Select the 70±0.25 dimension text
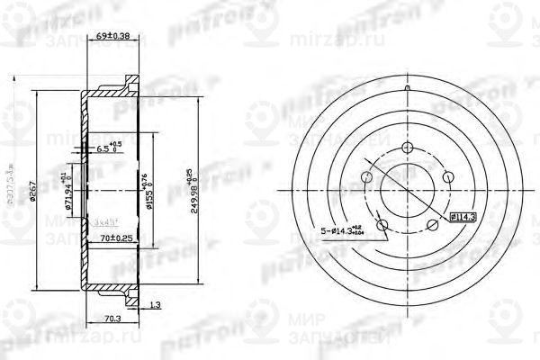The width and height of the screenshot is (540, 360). tap(115, 238)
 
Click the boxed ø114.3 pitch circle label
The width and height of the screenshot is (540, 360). tap(463, 216)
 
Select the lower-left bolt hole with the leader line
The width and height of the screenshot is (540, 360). tap(381, 223)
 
